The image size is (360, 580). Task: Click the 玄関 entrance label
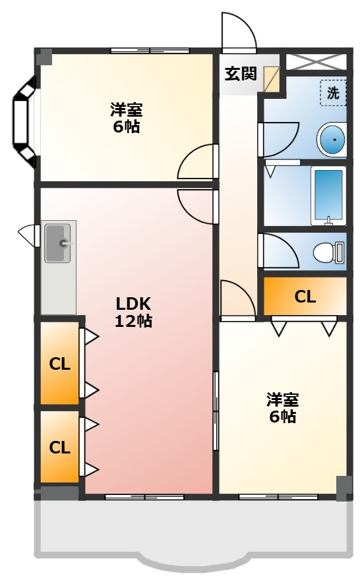tap(241, 74)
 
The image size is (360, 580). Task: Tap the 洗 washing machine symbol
tap(333, 93)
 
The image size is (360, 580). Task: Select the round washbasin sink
tap(332, 140)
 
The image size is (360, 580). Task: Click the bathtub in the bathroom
tap(328, 196)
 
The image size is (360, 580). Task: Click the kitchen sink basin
tap(57, 243)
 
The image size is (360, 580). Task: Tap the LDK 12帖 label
tap(133, 312)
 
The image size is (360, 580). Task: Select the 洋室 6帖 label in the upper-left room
tap(126, 118)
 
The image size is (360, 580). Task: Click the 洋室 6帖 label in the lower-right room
tap(282, 408)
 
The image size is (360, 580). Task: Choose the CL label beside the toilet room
tap(305, 297)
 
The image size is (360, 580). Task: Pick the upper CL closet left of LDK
tap(59, 364)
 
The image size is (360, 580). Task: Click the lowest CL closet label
tap(59, 448)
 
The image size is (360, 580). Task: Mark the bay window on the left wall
tap(24, 122)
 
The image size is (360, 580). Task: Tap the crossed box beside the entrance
tap(316, 62)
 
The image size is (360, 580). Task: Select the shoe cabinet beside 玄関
tap(271, 79)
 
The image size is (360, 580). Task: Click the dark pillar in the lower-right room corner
tap(344, 488)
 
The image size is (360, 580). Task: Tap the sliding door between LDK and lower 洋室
tap(216, 411)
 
